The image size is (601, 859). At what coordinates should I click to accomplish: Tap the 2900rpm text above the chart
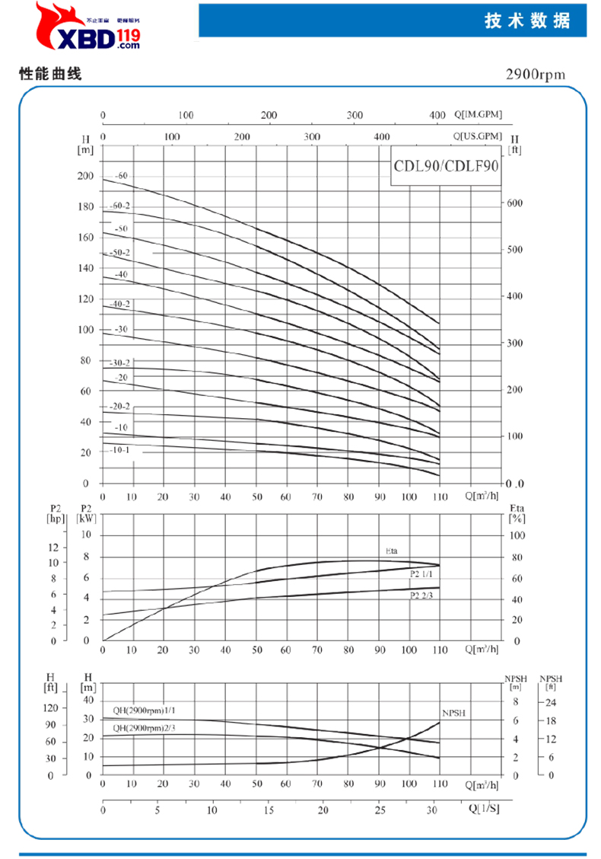click(537, 75)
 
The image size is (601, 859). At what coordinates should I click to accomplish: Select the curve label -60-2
click(120, 206)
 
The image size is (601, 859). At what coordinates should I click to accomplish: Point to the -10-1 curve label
click(120, 450)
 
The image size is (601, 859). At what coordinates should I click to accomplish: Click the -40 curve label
click(120, 274)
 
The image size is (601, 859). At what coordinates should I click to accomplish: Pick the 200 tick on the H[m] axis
click(85, 176)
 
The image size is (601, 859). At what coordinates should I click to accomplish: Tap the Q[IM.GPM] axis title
click(479, 114)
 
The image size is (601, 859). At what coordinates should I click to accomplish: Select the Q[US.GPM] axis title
click(478, 136)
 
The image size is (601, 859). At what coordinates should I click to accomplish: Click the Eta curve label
click(391, 550)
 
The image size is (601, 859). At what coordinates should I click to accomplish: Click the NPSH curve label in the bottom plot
click(453, 714)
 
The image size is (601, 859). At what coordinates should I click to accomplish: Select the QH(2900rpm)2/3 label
click(144, 728)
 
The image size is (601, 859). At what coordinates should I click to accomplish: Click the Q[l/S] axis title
click(484, 808)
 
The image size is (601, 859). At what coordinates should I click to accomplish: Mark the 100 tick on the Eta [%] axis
click(516, 535)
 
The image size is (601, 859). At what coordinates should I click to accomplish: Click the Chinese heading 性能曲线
click(50, 75)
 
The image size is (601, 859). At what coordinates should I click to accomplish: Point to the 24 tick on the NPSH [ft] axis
click(552, 701)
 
